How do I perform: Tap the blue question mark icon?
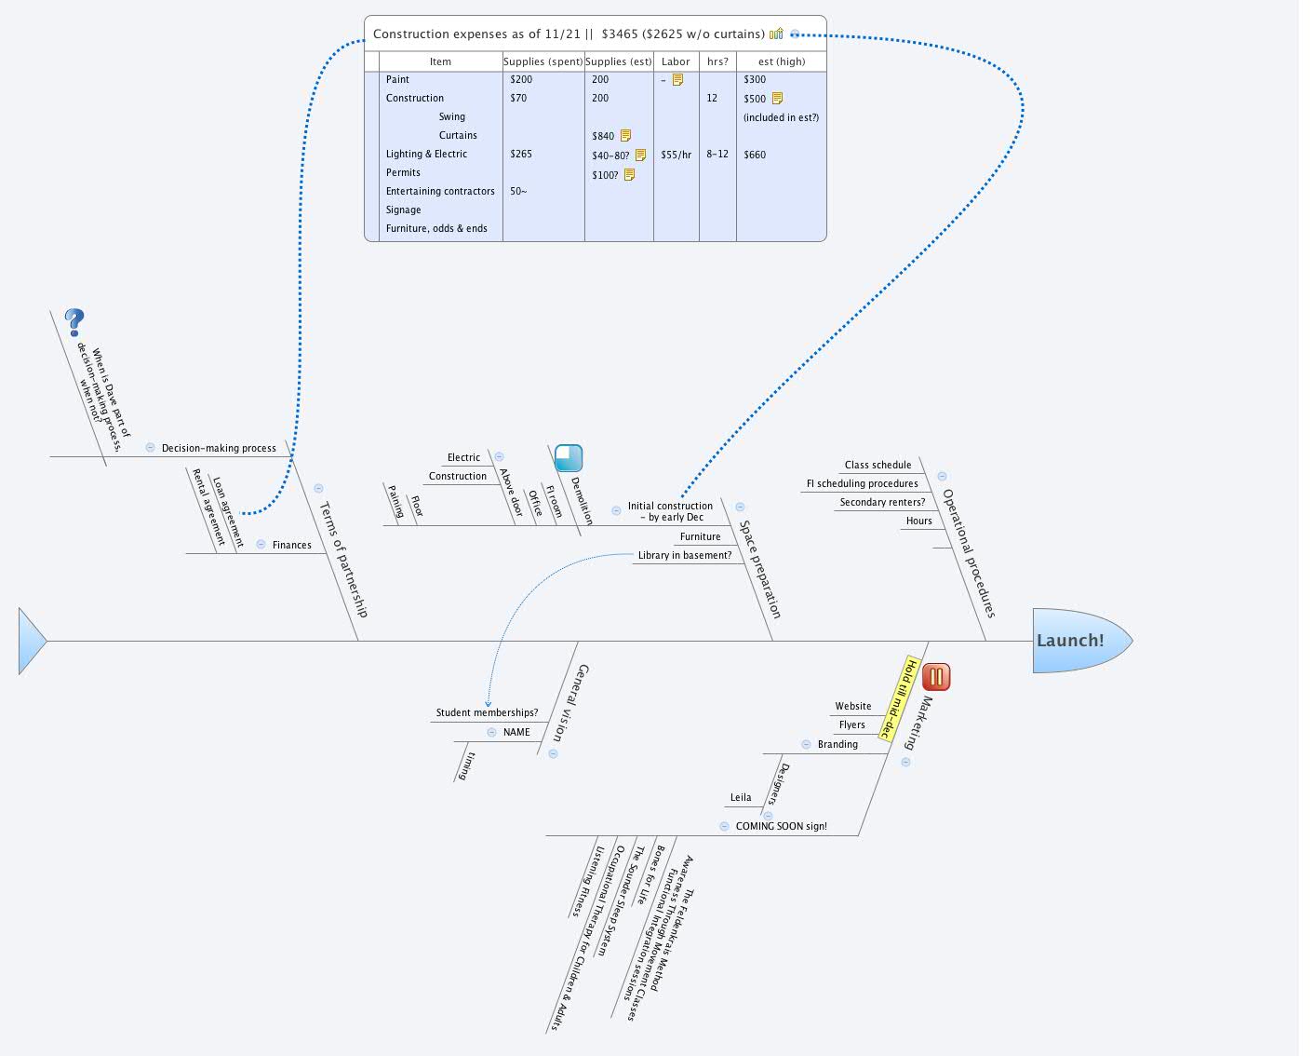pos(74,323)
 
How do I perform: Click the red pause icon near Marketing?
pos(936,677)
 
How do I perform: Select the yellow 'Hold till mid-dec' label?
pos(899,698)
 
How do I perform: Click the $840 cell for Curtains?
pos(603,136)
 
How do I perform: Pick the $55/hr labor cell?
pos(676,155)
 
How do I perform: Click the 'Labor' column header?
pos(676,61)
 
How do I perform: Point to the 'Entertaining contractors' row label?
pos(440,191)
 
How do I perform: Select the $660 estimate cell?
pos(755,155)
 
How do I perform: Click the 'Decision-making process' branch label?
pos(219,448)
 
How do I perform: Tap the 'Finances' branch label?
pos(291,545)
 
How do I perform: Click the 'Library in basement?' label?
pos(685,555)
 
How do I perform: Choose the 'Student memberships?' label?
pos(487,712)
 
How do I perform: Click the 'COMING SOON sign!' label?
pos(781,826)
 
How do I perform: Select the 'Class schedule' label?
pos(878,465)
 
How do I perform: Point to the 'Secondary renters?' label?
pos(882,502)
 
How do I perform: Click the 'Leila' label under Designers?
pos(741,797)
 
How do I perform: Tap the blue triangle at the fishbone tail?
pos(31,641)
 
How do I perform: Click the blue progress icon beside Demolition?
pos(569,458)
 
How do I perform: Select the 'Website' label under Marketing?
pos(852,706)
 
